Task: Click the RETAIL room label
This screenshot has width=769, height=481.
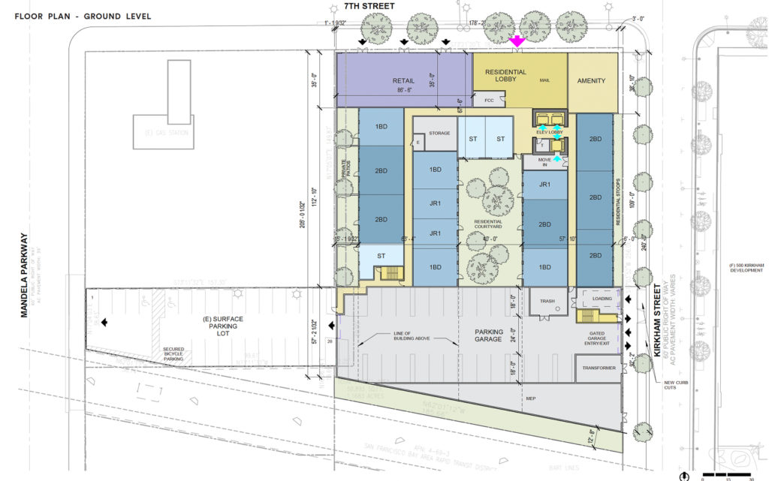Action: coord(403,81)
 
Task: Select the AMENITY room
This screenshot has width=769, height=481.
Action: coord(591,81)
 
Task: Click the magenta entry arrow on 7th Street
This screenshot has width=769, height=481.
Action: coord(516,43)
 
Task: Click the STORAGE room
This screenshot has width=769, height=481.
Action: coord(439,133)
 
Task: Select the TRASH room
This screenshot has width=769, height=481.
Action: coord(547,302)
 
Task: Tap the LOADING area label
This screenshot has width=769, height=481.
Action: coord(602,298)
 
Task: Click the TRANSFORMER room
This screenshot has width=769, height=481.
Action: coord(598,368)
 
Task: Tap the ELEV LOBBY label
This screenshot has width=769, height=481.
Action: coord(550,132)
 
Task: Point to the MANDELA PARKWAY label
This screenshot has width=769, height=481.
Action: coord(25,275)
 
